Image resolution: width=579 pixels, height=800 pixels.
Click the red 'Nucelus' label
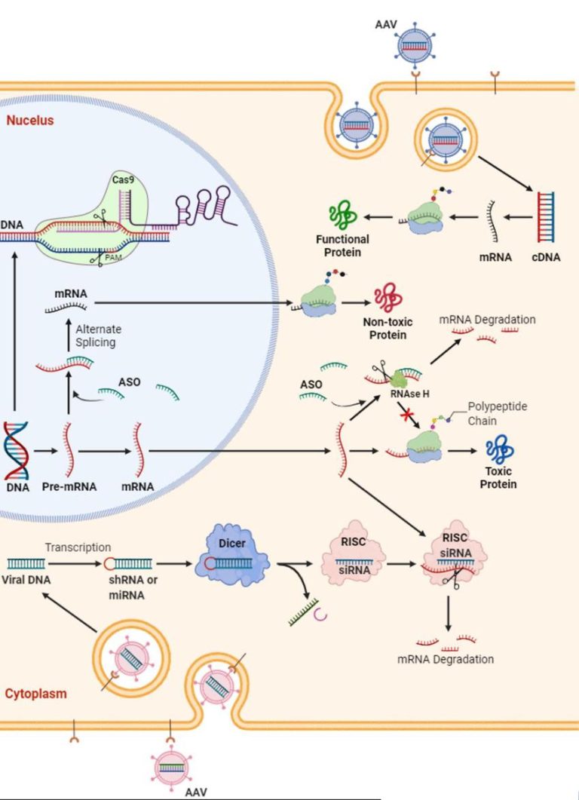(30, 120)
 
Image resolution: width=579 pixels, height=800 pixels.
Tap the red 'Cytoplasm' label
(35, 694)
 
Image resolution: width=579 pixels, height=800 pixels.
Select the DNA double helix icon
(17, 450)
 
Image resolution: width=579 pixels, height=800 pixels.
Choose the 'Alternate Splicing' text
(98, 336)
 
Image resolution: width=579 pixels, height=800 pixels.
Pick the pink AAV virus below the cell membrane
(176, 767)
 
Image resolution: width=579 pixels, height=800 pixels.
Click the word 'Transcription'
(78, 547)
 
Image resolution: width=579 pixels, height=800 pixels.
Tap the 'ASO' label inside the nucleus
(129, 382)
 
